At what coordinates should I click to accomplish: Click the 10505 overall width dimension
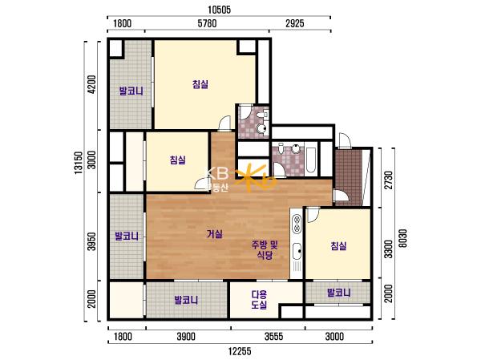coord(219,10)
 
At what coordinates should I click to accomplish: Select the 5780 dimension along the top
coord(207,23)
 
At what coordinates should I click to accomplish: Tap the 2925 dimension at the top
coord(295,23)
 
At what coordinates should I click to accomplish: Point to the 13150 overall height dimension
coord(79,163)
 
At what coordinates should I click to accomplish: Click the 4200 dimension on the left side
coord(91,85)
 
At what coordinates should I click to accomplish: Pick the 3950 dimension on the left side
coord(91,241)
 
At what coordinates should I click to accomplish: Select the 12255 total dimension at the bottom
coord(240,351)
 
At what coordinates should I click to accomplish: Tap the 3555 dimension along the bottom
coord(274,337)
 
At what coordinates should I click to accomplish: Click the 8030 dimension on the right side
coord(403,238)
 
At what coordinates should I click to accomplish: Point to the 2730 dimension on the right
coord(389,180)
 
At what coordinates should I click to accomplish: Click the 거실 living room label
coord(215,234)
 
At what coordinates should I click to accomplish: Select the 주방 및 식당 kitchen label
coord(265,250)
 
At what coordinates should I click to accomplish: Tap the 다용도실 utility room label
coord(259,300)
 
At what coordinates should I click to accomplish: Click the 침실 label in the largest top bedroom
coord(200,84)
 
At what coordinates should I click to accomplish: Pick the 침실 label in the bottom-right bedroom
coord(338,246)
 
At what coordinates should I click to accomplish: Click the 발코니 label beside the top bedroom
coord(131,91)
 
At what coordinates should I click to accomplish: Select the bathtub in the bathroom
coord(311,160)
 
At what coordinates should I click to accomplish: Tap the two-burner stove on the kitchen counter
coord(297,224)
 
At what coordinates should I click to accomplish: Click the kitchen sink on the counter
coord(297,251)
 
